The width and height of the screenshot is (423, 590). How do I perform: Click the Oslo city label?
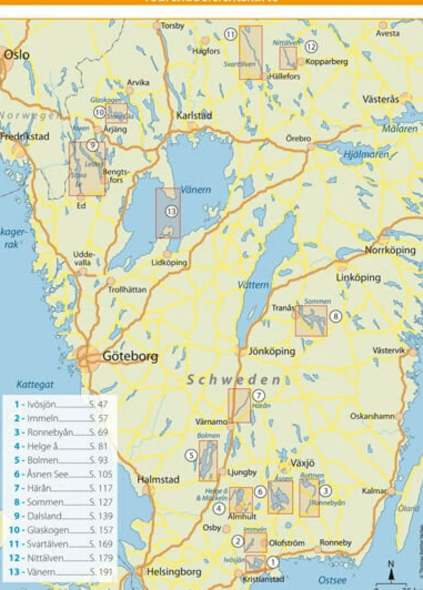[17, 55]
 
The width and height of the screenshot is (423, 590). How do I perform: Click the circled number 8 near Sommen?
[336, 316]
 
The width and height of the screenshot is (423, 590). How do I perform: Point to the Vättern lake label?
[253, 285]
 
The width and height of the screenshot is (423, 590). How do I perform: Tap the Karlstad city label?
[194, 115]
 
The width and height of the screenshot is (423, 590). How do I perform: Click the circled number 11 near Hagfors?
[230, 34]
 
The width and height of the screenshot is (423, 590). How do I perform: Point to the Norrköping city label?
[390, 250]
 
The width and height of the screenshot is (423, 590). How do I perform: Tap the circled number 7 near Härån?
[258, 395]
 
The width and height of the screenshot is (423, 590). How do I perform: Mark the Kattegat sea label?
[35, 384]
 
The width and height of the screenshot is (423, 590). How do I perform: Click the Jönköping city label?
[272, 351]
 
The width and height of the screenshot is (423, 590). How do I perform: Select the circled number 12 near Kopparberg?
[311, 47]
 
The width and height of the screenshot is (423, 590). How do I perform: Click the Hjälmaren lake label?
[366, 154]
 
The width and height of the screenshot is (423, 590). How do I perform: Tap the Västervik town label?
[388, 350]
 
